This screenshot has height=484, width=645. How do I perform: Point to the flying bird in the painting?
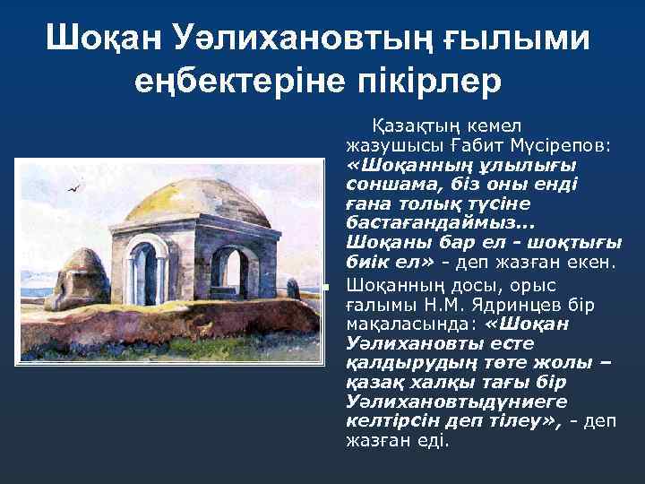tap(74, 188)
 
